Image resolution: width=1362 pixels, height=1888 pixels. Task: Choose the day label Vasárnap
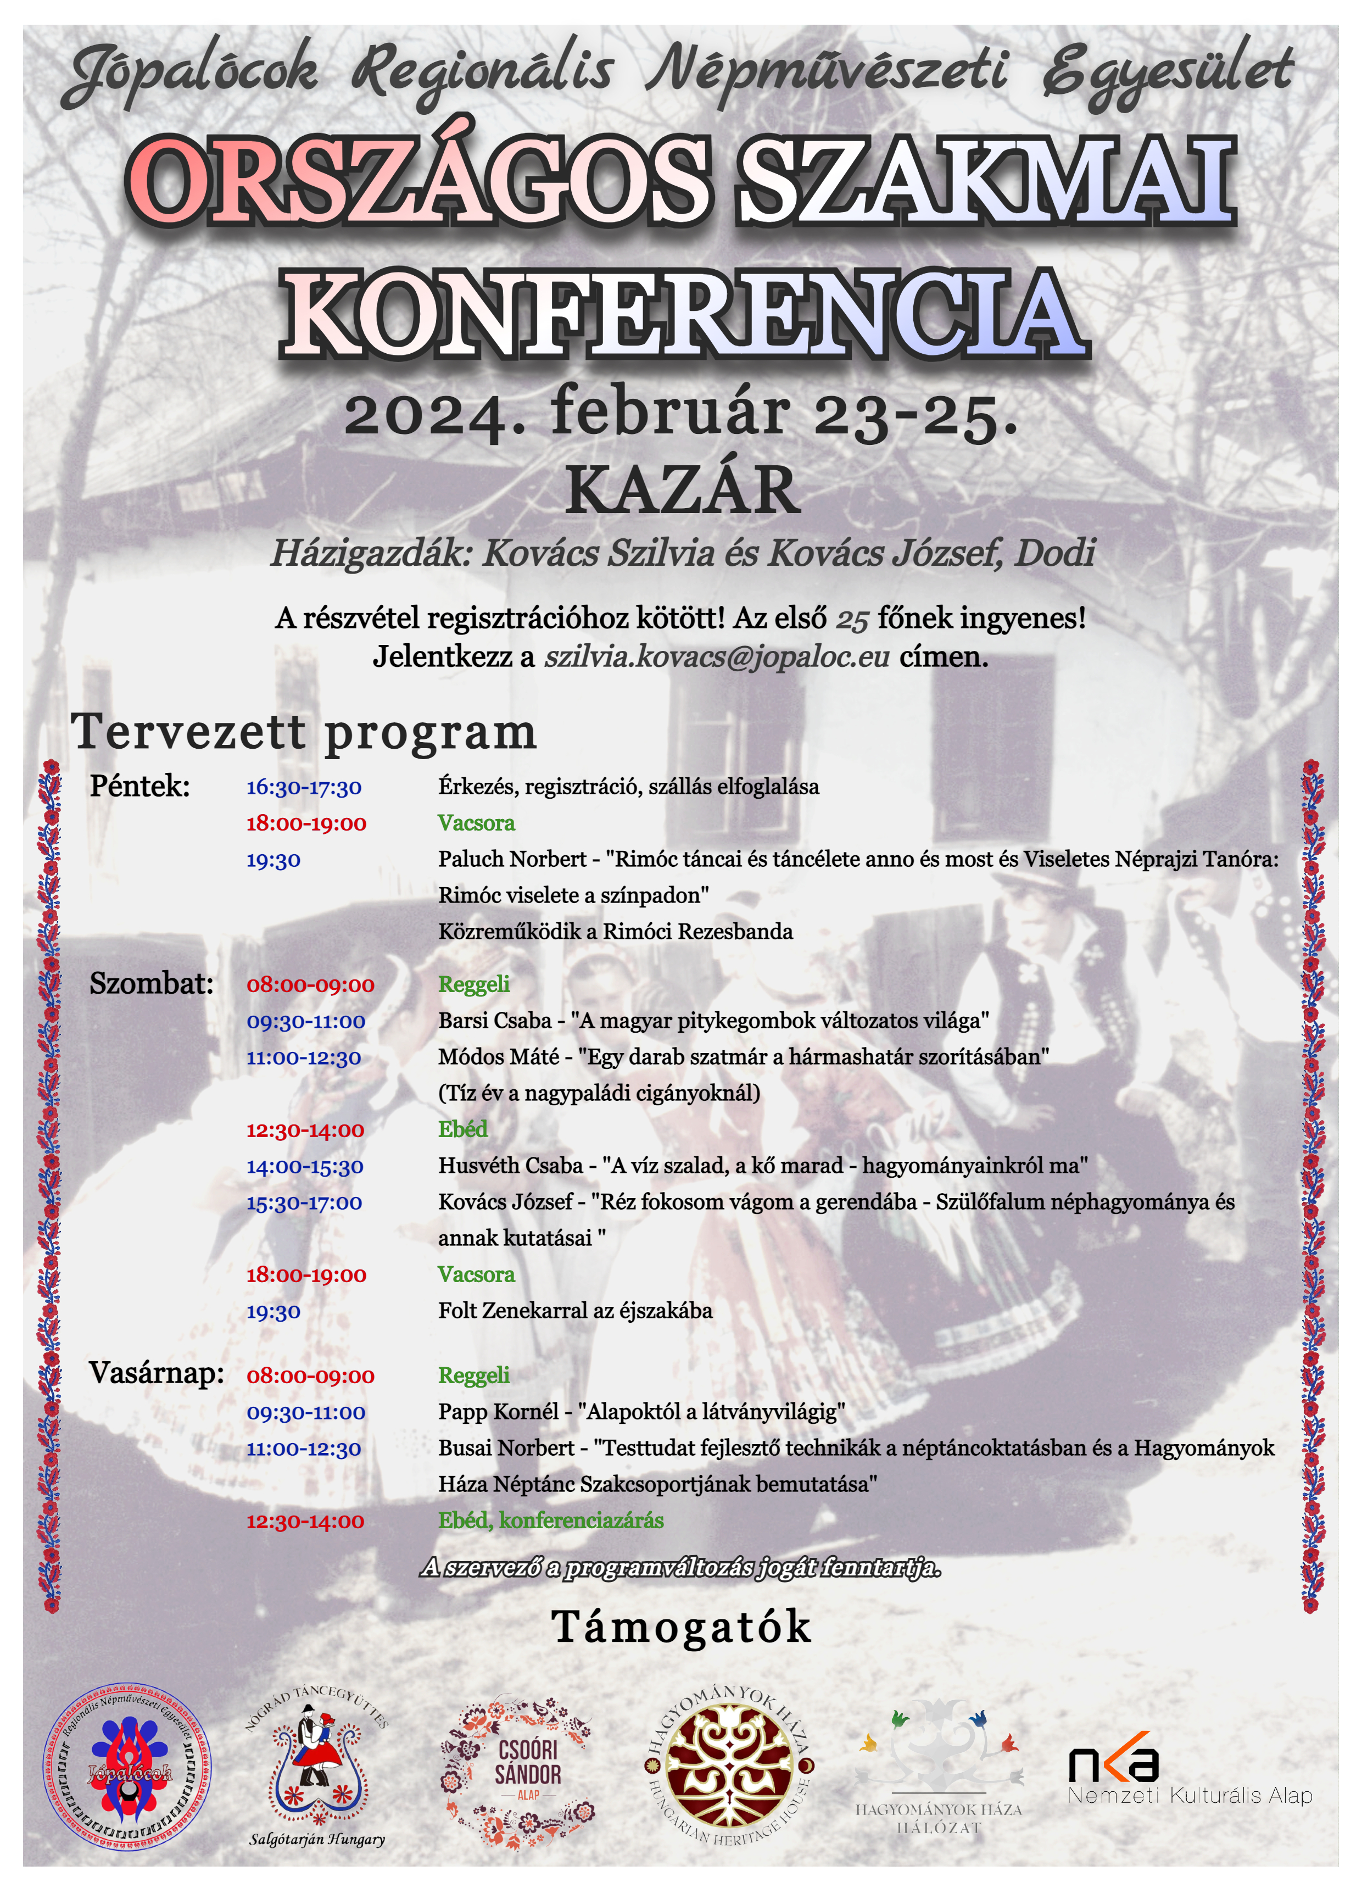pos(157,1373)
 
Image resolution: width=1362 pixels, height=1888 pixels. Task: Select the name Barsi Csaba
pos(494,1021)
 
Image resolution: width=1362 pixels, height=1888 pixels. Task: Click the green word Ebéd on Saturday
pos(463,1129)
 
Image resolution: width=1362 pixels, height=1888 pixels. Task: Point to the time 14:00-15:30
pos(305,1166)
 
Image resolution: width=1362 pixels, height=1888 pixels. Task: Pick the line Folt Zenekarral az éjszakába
pos(575,1311)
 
